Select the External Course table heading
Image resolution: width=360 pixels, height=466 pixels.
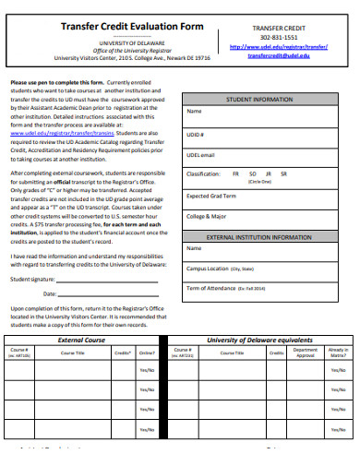pyautogui.click(x=80, y=341)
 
